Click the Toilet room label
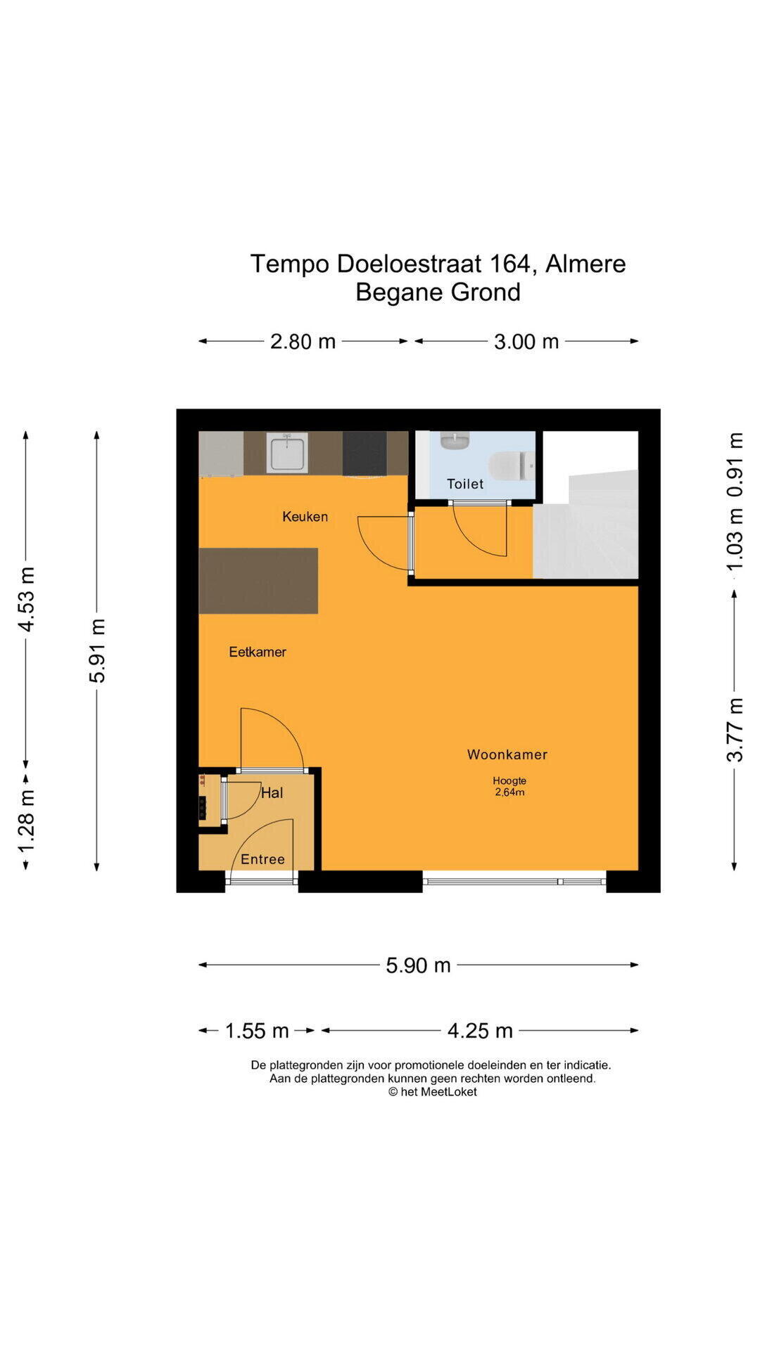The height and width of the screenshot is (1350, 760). pyautogui.click(x=465, y=484)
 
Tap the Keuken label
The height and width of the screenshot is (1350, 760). pyautogui.click(x=305, y=516)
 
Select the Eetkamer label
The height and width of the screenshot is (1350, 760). pyautogui.click(x=258, y=652)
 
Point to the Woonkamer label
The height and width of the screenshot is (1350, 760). pyautogui.click(x=507, y=754)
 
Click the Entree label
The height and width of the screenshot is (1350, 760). pyautogui.click(x=262, y=859)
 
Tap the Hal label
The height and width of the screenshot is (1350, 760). pyautogui.click(x=272, y=793)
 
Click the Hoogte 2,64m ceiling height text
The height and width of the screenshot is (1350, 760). pyautogui.click(x=509, y=786)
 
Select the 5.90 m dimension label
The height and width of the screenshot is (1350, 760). pyautogui.click(x=418, y=965)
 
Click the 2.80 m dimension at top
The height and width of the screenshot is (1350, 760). pyautogui.click(x=303, y=342)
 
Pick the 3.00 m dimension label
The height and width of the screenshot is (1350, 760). pyautogui.click(x=526, y=342)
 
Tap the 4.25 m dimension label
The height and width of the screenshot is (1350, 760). pyautogui.click(x=480, y=1031)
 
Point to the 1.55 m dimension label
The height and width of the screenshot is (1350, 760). pyautogui.click(x=257, y=1031)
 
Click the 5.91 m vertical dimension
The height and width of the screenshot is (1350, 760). pyautogui.click(x=97, y=650)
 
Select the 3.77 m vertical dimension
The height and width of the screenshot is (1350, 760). pyautogui.click(x=735, y=729)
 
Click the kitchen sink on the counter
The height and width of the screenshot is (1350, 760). pyautogui.click(x=289, y=452)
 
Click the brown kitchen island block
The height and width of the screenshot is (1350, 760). pyautogui.click(x=258, y=581)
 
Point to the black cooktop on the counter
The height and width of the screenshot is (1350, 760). pyautogui.click(x=365, y=453)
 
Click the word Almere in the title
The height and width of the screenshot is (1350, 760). pyautogui.click(x=585, y=264)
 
